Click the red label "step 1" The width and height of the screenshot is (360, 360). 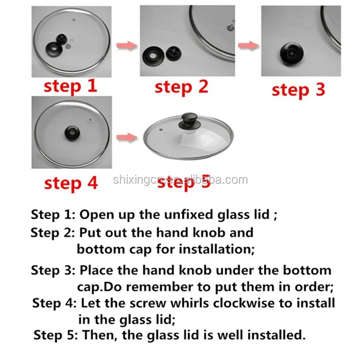click(70, 86)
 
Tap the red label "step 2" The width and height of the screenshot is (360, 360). click(181, 87)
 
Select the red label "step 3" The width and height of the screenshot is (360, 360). click(298, 90)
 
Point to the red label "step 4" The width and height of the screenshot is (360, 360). click(71, 183)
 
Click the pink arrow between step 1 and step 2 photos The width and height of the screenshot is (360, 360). click(127, 46)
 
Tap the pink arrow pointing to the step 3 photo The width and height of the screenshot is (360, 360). click(249, 46)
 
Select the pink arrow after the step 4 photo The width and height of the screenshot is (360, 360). click(127, 138)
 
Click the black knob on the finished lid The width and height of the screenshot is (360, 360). click(190, 121)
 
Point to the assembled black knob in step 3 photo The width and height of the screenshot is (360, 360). click(291, 53)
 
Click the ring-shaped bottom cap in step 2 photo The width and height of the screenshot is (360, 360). click(153, 56)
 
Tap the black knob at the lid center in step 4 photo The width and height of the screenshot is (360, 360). click(72, 133)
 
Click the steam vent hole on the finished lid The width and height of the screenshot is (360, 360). click(161, 130)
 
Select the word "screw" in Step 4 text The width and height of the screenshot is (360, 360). click(148, 303)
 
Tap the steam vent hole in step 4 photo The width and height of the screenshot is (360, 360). click(90, 120)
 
